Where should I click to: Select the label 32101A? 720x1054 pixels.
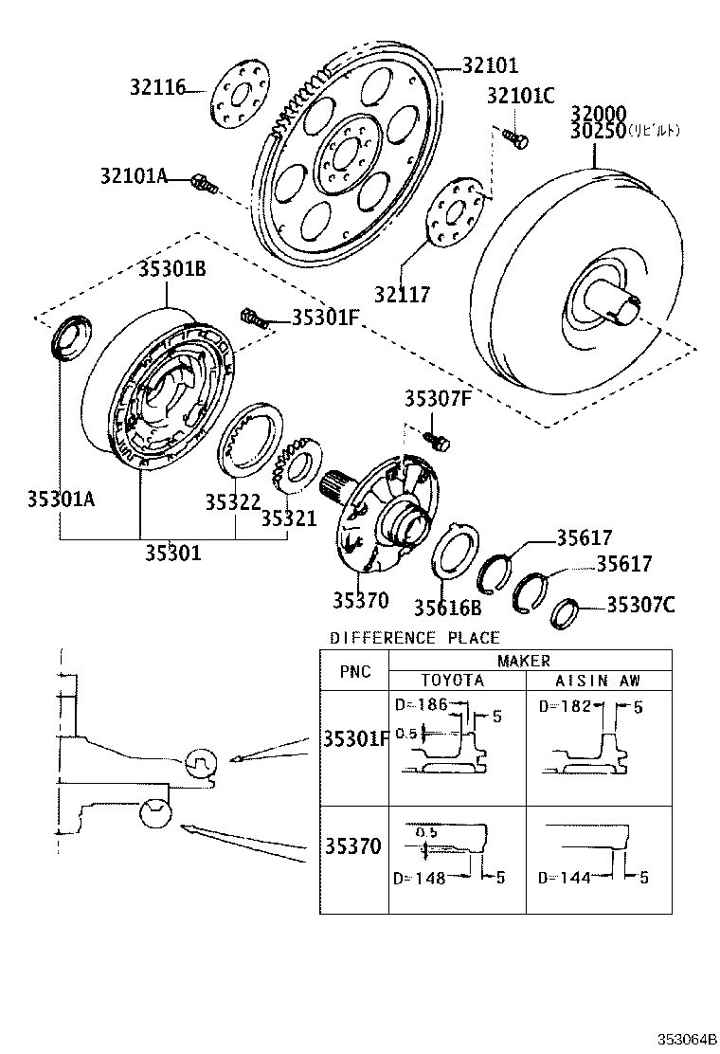(134, 176)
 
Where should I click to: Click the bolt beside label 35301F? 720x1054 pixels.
(255, 318)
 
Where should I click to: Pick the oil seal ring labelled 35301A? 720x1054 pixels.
(70, 339)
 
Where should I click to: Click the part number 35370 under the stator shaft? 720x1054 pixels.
(360, 599)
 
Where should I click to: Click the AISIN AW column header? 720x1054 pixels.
(598, 681)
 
